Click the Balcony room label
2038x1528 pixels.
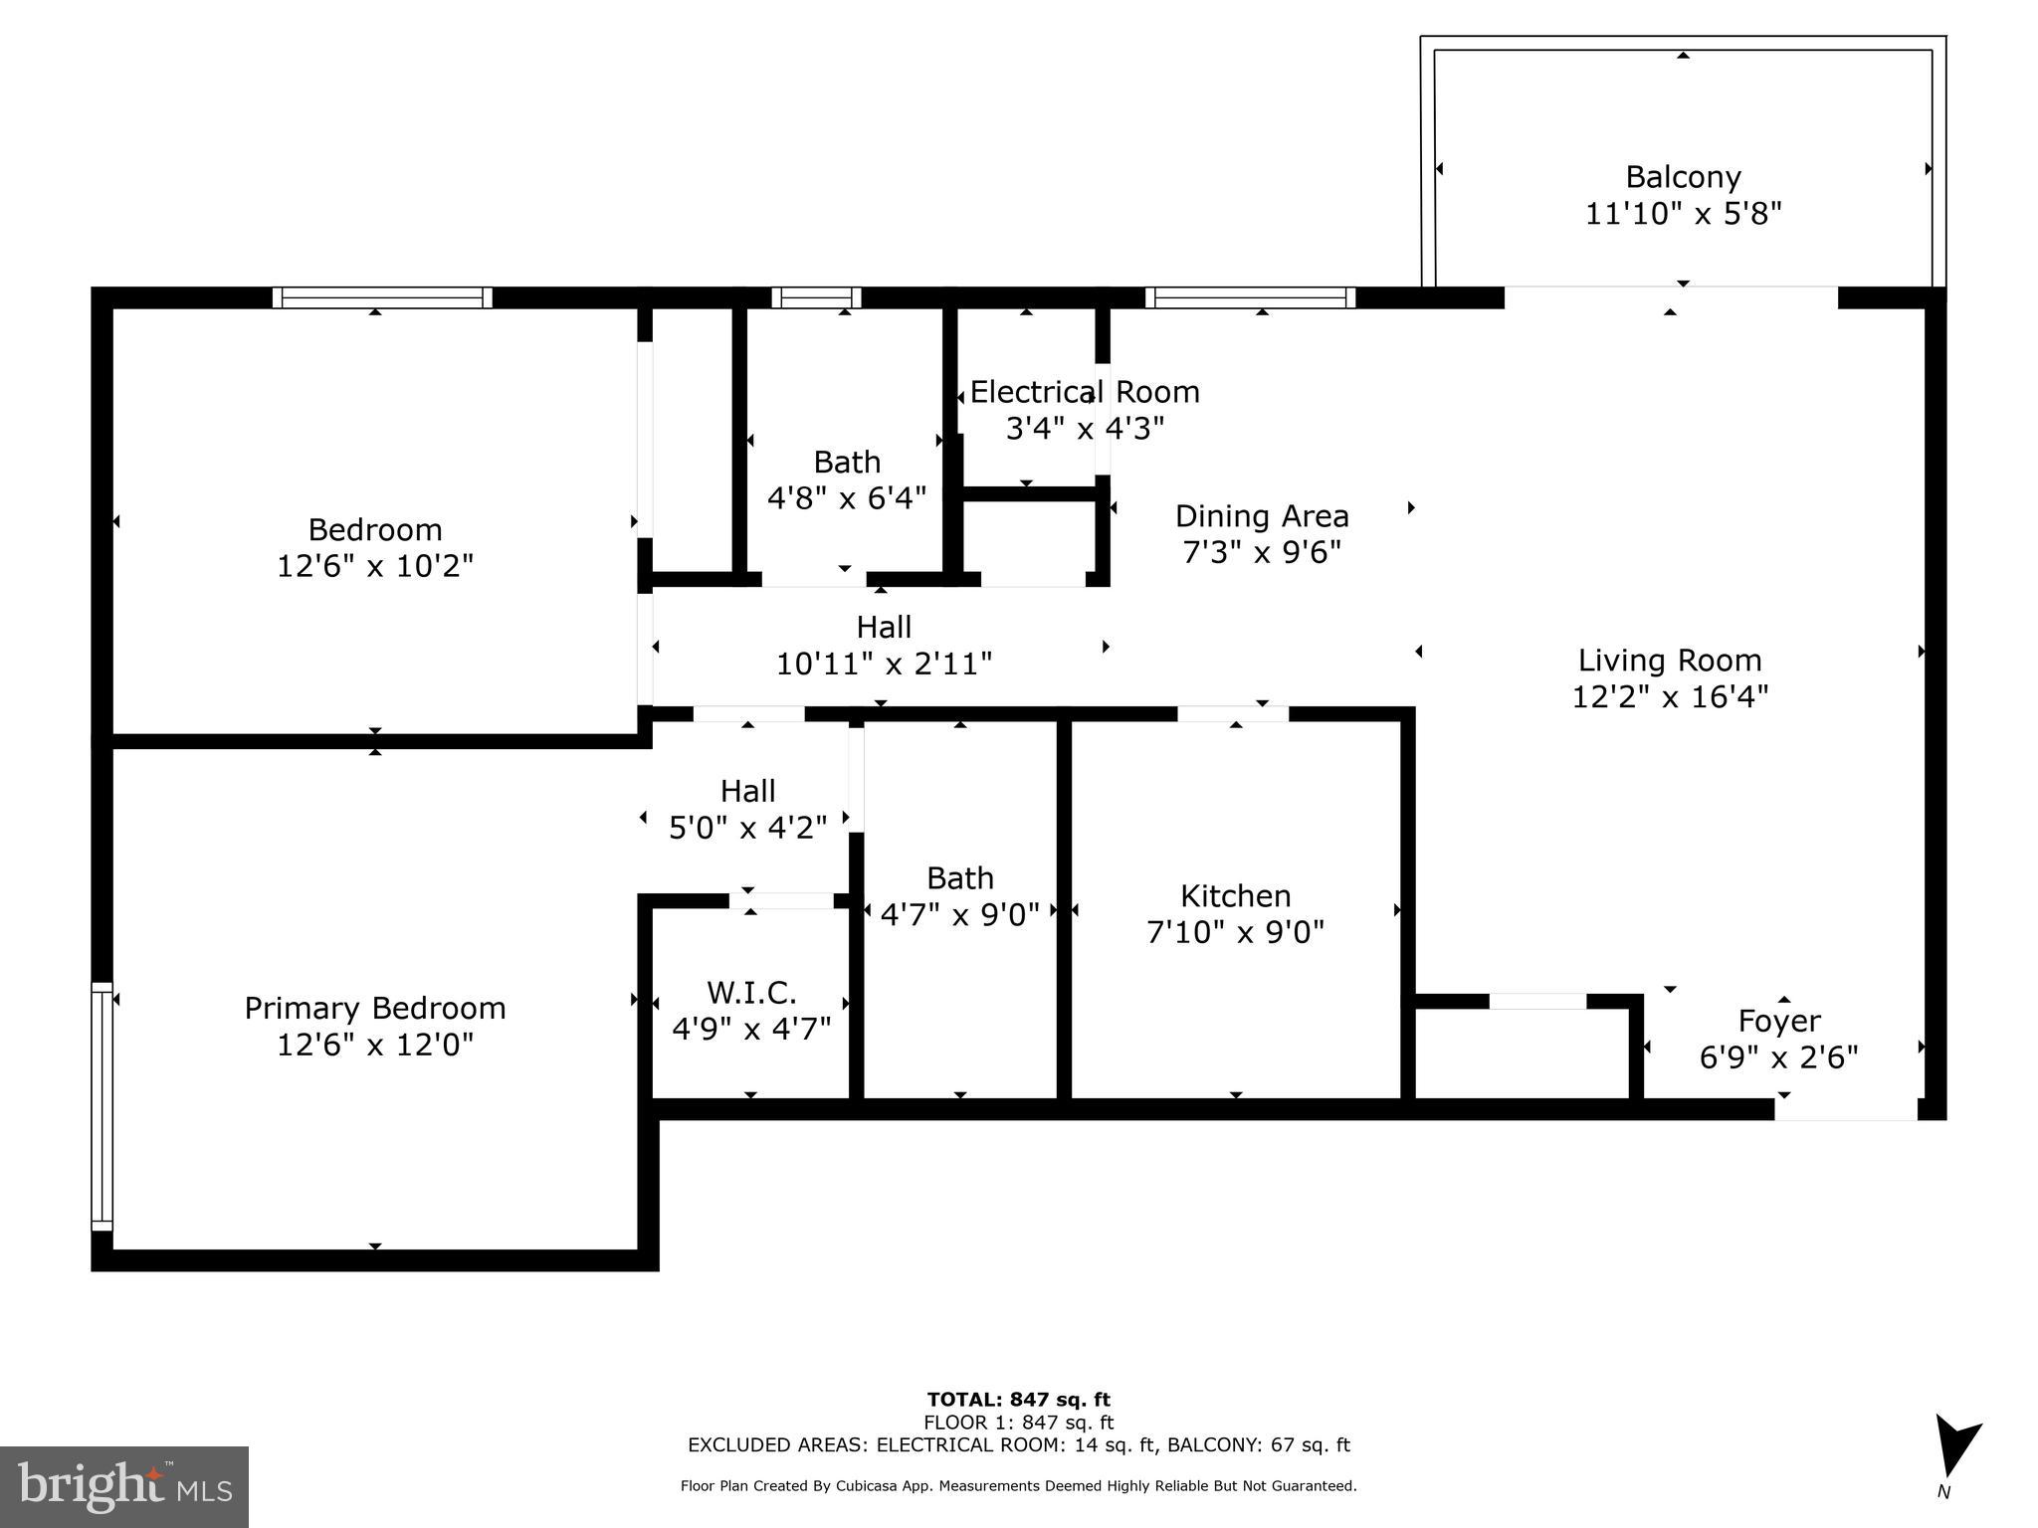[1683, 177]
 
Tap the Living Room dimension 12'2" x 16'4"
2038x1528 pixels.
[1670, 696]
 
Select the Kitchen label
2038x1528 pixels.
[1235, 896]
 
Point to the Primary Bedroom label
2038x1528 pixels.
[375, 1008]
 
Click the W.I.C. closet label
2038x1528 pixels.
[751, 992]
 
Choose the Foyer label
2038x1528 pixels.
[1779, 1021]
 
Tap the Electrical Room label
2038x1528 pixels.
[1085, 392]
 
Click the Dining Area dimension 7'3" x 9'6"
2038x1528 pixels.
[1262, 552]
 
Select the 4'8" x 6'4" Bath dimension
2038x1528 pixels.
[847, 497]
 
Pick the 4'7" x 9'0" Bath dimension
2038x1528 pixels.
[960, 914]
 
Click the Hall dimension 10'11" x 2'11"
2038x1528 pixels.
[884, 664]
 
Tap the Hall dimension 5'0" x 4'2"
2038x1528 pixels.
[747, 828]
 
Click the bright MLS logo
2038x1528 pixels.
[124, 1486]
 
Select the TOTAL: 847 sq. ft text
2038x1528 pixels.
[1018, 1400]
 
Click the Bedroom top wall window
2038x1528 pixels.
[382, 297]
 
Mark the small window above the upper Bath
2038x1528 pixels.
[816, 297]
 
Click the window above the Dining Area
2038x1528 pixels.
[1250, 297]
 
